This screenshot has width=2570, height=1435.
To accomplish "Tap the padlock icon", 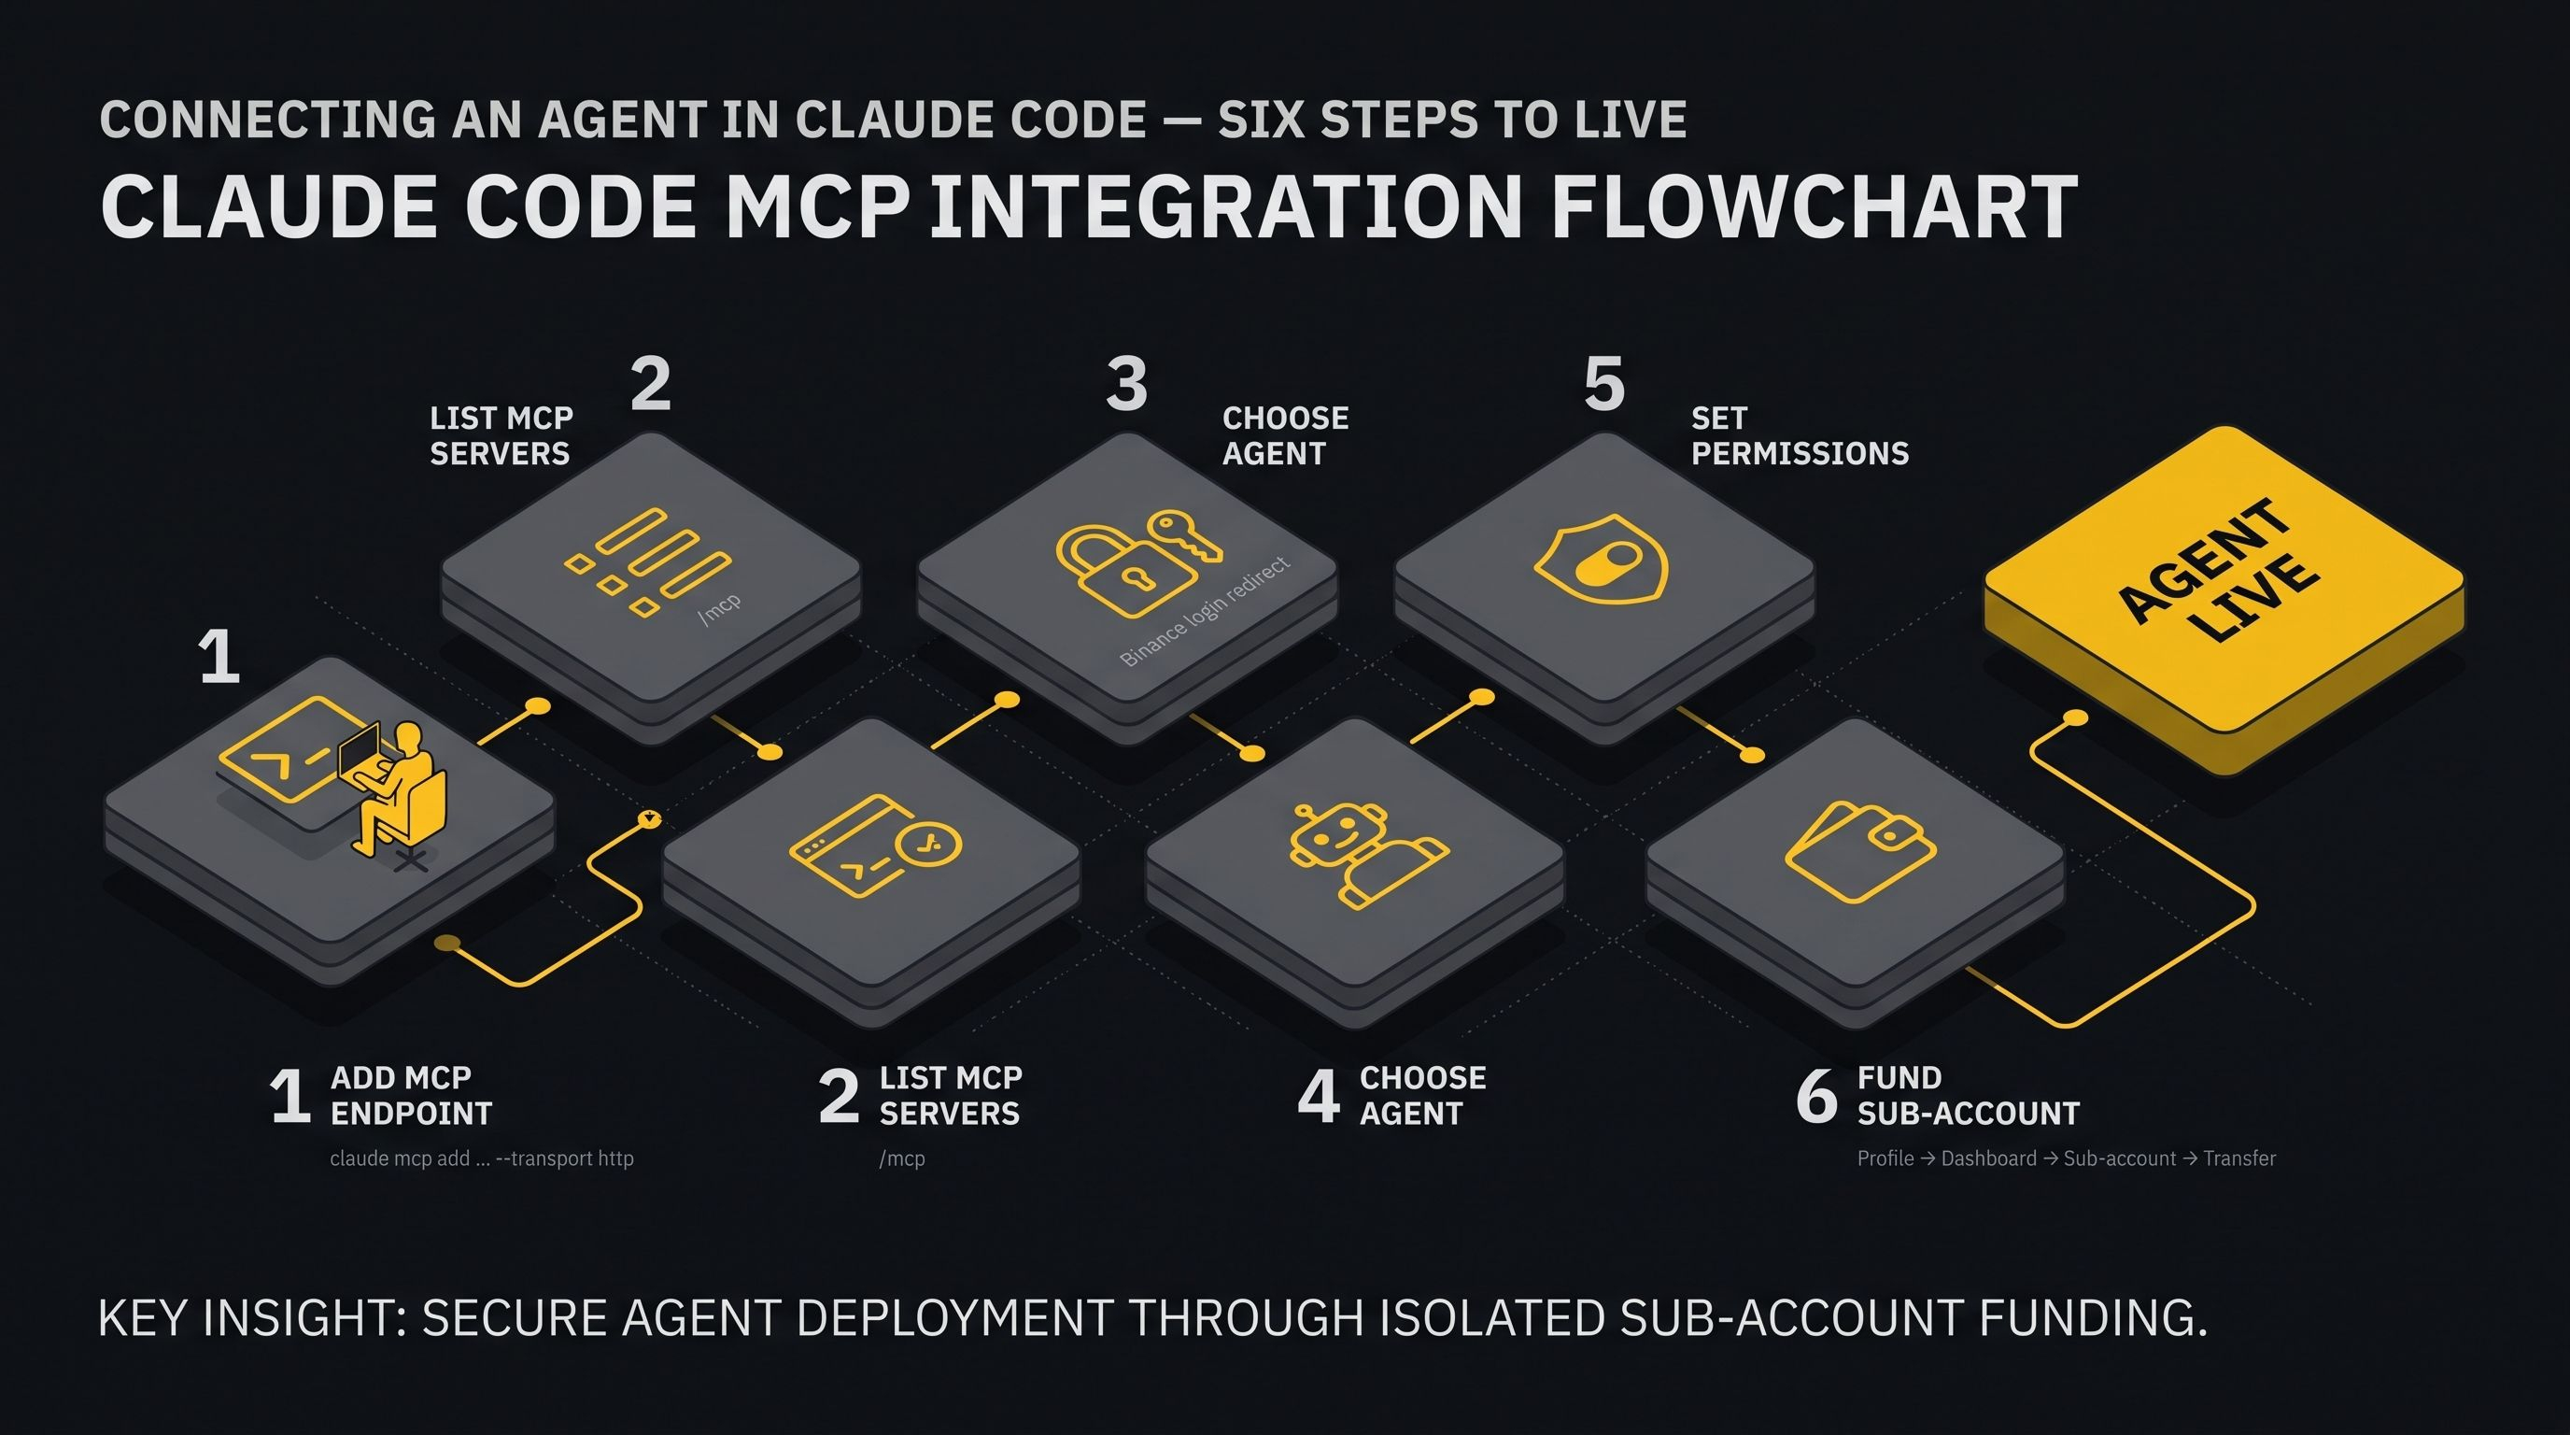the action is point(1126,570).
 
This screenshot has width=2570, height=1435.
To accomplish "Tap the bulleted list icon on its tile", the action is point(646,561).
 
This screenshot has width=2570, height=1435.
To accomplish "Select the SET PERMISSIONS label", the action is point(1800,435).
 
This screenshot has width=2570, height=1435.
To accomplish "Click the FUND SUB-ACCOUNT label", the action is point(1968,1095).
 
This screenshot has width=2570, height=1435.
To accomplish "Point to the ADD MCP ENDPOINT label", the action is point(411,1095).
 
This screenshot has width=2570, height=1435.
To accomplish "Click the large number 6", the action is point(1815,1095).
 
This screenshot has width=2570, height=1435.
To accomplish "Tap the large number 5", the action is point(1604,383).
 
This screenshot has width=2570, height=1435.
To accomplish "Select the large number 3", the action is point(1126,383).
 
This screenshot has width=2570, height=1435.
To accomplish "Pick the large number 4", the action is point(1318,1095).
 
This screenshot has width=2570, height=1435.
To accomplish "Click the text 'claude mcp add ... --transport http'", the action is point(482,1158).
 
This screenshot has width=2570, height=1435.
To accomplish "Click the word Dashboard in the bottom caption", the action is point(1988,1158).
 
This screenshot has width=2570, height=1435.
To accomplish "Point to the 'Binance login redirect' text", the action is point(1204,611).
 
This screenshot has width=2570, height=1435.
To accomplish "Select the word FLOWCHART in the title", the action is point(1815,207).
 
